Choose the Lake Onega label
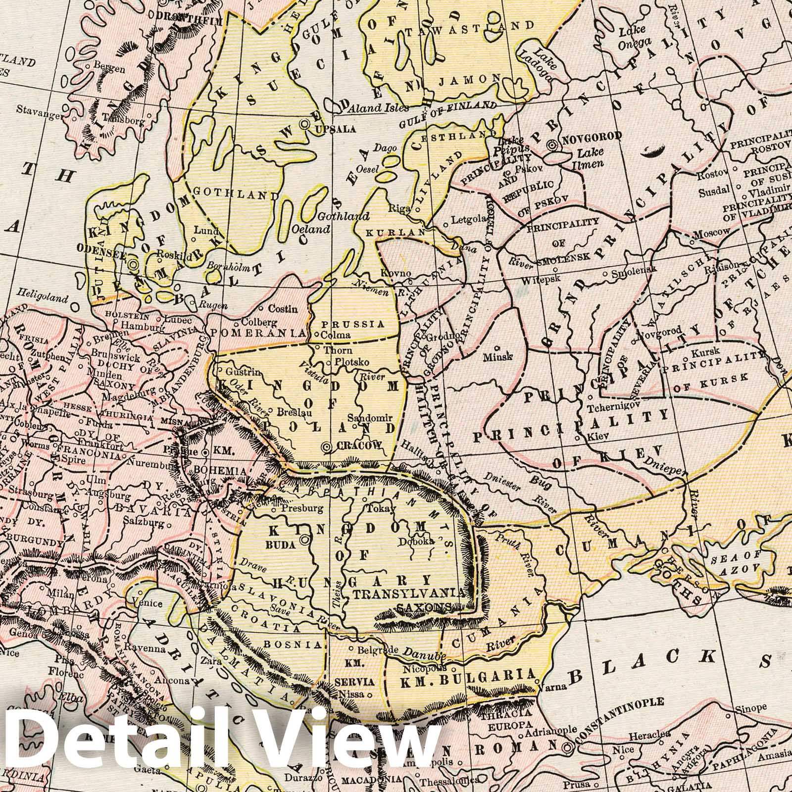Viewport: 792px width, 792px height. tap(635, 37)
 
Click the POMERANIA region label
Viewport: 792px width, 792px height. tap(256, 333)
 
